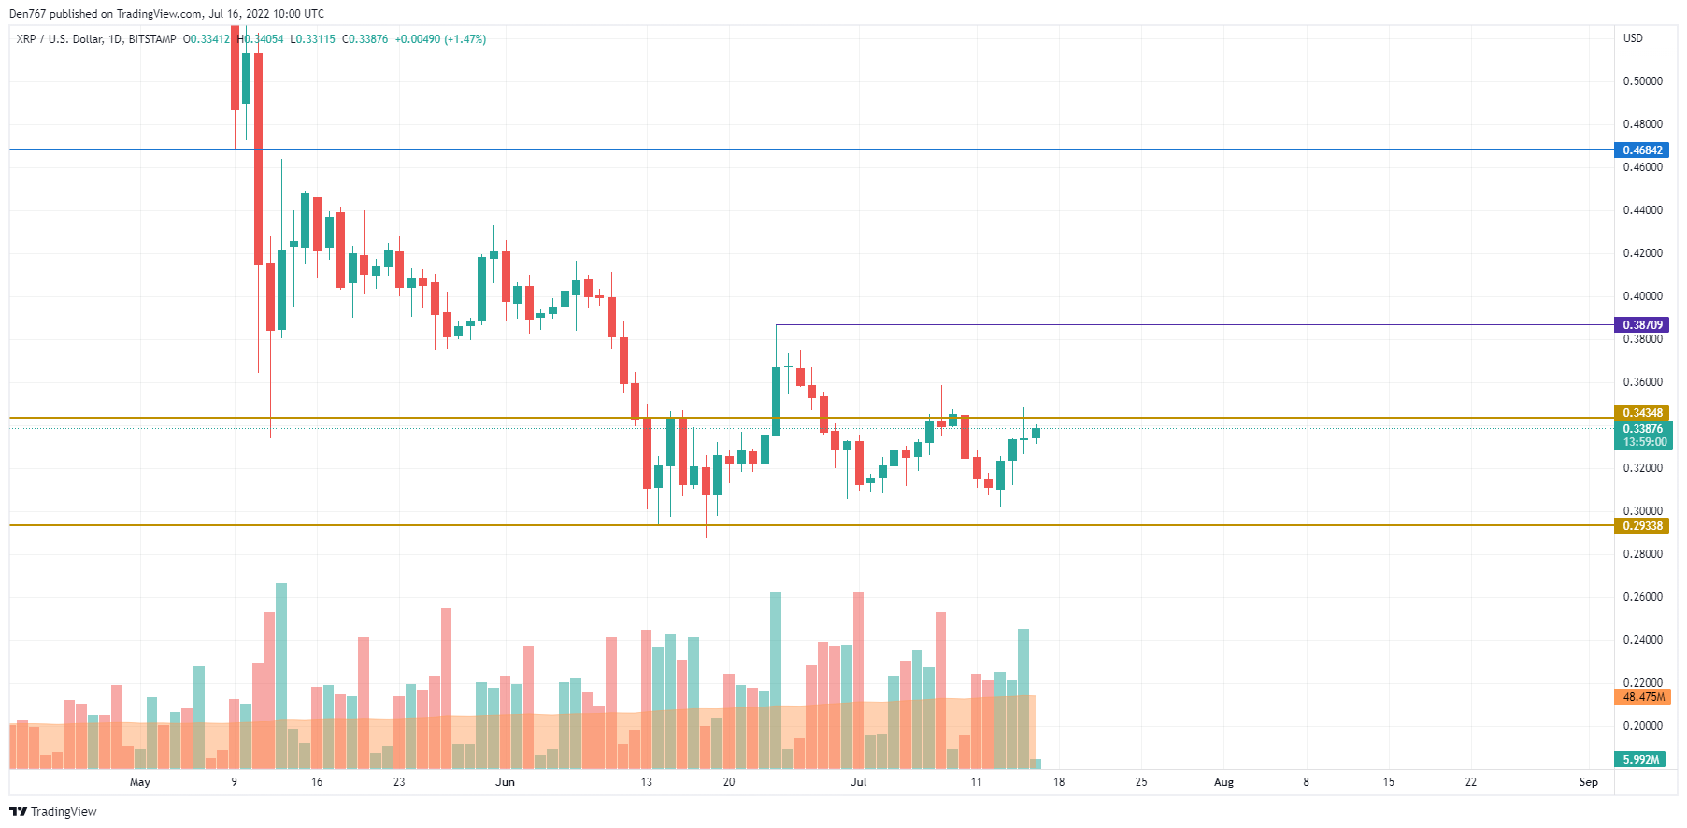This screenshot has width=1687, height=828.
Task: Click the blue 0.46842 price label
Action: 1642,150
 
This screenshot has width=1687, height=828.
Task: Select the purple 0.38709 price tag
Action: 1642,325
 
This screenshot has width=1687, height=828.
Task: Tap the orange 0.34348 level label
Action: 1642,413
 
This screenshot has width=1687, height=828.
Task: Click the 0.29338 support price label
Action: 1642,526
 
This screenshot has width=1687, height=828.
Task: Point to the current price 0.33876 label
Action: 1642,429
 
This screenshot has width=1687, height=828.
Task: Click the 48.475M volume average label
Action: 1643,697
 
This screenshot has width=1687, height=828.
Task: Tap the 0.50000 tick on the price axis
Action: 1642,81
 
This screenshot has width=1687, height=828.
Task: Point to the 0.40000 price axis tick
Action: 1642,296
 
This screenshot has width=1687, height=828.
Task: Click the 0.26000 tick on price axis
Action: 1642,597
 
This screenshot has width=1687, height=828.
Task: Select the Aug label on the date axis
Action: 1223,782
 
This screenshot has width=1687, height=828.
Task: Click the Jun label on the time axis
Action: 505,782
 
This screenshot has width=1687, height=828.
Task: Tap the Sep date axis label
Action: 1588,782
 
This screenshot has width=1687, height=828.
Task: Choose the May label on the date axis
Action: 139,782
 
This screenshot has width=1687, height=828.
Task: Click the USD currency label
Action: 1633,38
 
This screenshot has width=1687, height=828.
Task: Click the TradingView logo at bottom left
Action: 53,811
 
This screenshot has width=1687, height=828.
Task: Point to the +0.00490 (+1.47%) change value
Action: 440,39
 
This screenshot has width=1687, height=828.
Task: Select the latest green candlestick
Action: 1036,433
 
